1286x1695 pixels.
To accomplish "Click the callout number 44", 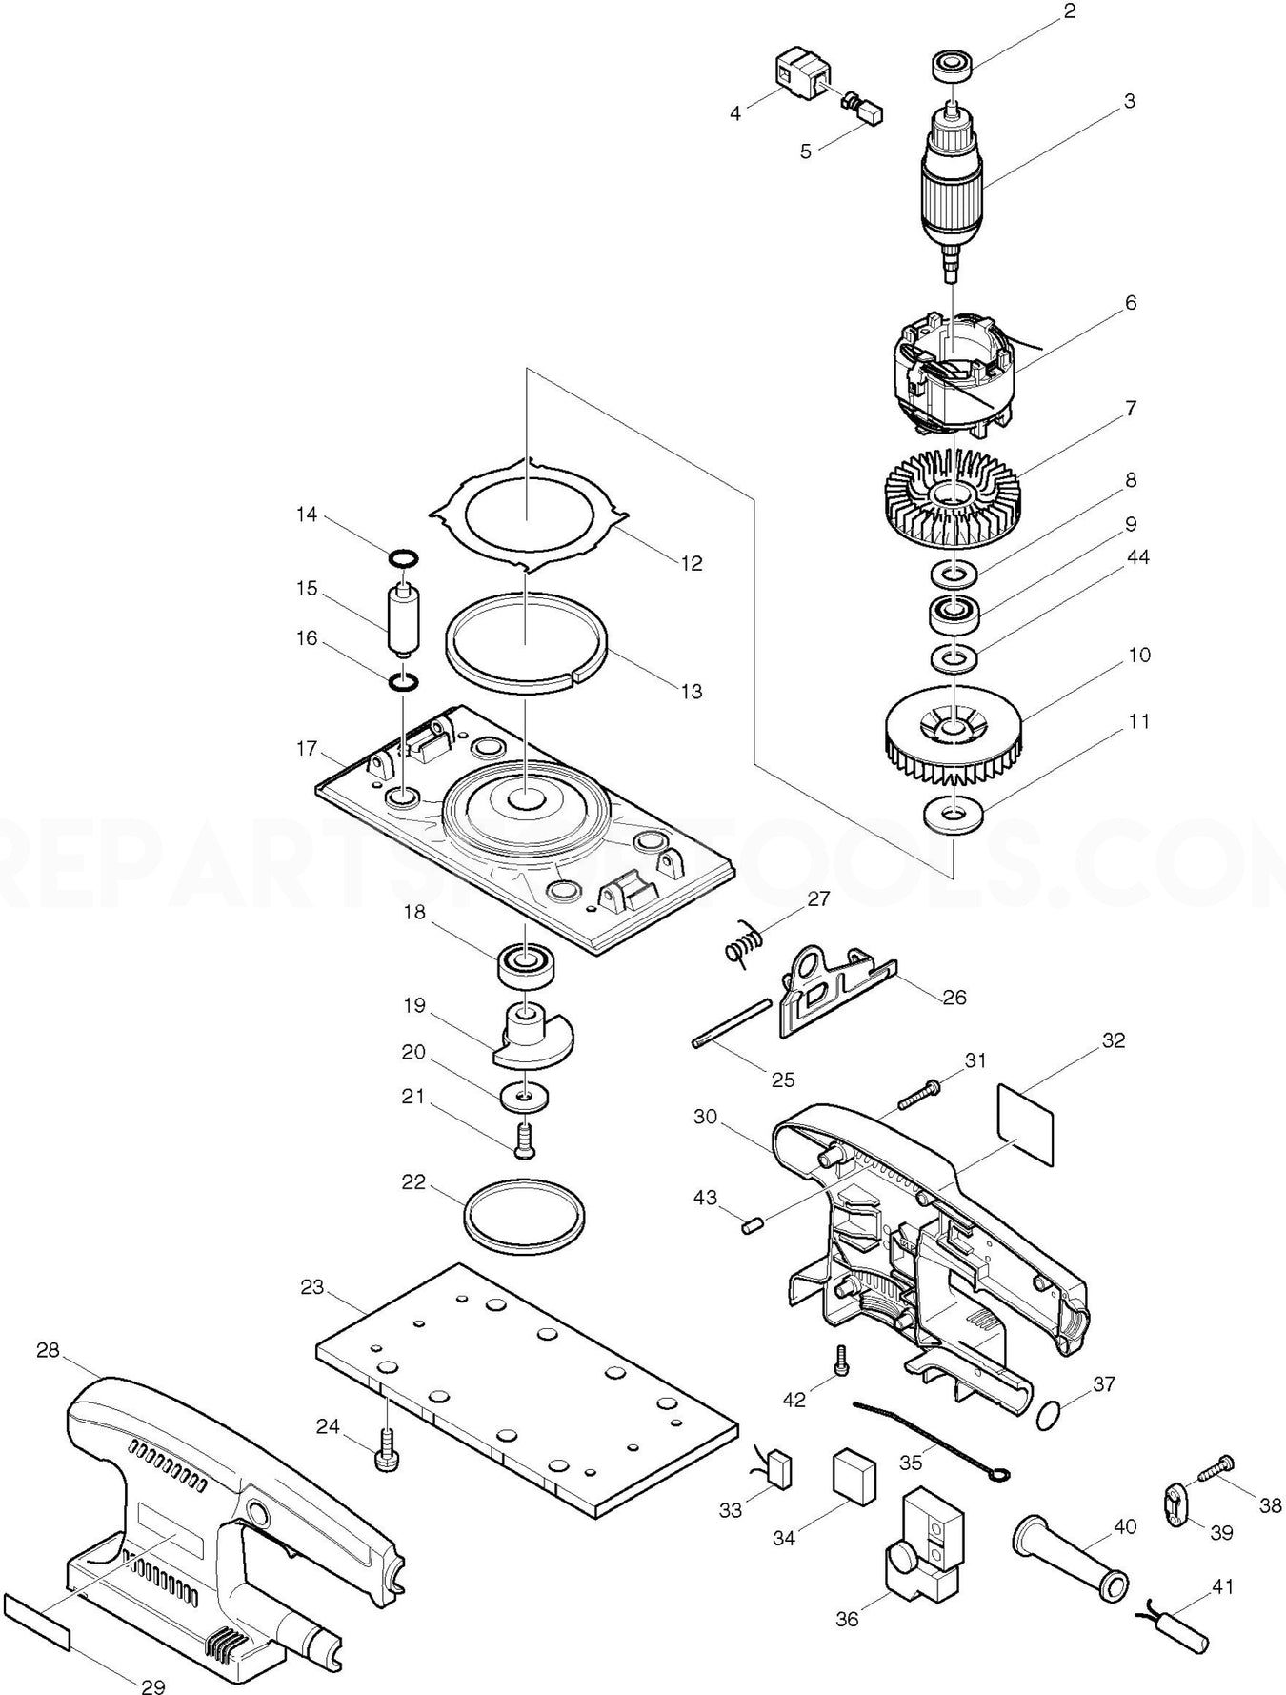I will [x=1138, y=557].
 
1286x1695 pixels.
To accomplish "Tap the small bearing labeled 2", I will [x=949, y=68].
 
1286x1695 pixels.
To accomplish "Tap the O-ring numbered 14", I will [x=402, y=556].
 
